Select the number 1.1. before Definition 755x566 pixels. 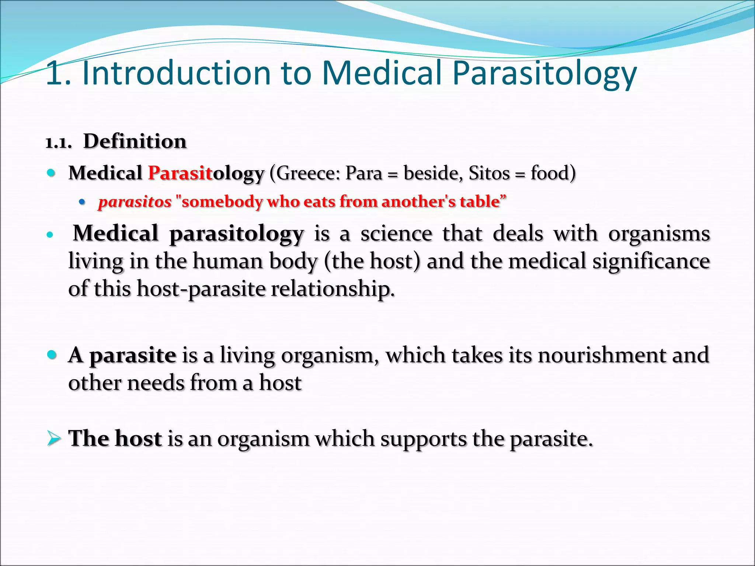point(58,143)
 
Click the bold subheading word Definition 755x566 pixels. point(135,141)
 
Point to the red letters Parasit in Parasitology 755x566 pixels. point(180,173)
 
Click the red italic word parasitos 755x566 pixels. point(135,202)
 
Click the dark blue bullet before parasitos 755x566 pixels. point(82,202)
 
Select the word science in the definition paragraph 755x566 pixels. point(396,234)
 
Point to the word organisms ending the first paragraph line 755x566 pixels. point(659,234)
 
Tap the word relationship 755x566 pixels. point(332,289)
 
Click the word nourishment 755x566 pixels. point(602,355)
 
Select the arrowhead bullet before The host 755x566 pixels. point(54,439)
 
